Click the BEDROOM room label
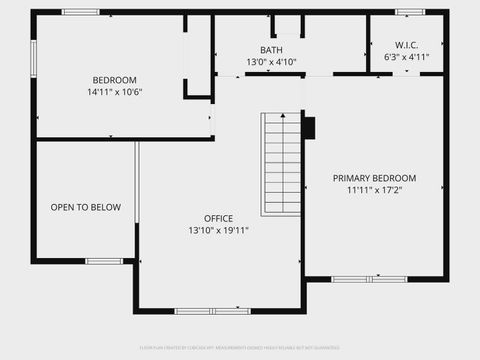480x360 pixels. point(115,80)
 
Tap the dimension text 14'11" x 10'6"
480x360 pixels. point(115,92)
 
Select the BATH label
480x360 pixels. point(271,50)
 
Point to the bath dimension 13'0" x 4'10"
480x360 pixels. point(271,62)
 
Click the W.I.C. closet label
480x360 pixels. point(405,44)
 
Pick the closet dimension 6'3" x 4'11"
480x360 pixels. point(405,56)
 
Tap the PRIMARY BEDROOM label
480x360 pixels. point(374,178)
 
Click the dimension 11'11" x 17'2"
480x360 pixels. point(374,189)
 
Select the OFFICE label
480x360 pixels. point(218,219)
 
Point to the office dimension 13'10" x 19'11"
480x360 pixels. point(218,230)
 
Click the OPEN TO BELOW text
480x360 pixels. point(86,208)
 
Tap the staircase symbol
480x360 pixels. point(281,164)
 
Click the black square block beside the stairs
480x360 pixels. point(308,128)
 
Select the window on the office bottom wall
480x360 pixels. point(212,311)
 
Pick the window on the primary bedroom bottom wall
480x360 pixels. point(369,278)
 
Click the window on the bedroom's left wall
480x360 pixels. point(33,57)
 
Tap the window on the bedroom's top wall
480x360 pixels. point(80,12)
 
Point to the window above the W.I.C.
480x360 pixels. point(409,12)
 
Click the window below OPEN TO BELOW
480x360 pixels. point(103,261)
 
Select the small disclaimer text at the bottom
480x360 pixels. point(240,349)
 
